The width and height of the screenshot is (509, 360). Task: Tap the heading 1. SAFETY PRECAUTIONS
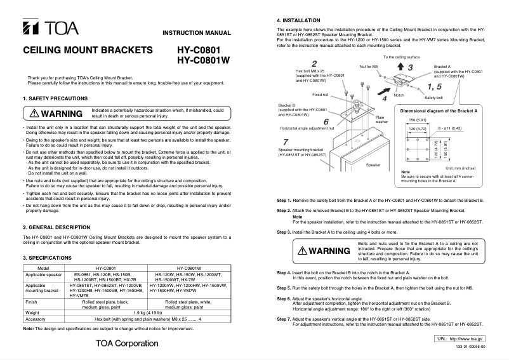click(x=56, y=99)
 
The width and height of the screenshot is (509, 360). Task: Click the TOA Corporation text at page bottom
click(x=127, y=343)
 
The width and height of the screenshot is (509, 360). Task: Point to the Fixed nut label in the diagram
click(x=320, y=94)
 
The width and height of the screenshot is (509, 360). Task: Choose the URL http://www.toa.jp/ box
click(x=460, y=340)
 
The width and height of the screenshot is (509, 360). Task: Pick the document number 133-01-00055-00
click(x=469, y=348)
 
